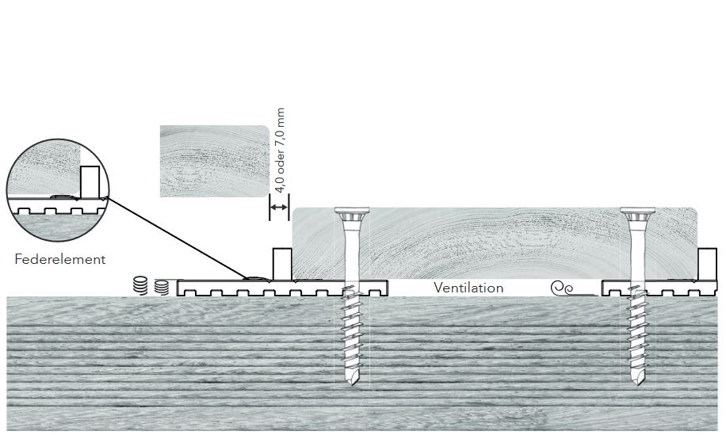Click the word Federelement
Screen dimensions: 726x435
coord(60,259)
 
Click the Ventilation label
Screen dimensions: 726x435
coord(468,288)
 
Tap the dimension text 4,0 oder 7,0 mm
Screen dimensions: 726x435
coord(280,151)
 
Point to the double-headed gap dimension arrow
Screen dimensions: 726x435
coord(279,208)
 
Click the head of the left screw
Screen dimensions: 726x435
coord(352,213)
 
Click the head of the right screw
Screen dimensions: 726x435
coord(637,213)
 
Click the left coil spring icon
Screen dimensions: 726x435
coord(139,285)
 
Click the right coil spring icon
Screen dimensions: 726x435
coord(161,287)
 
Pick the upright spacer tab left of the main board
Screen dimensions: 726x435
coord(281,264)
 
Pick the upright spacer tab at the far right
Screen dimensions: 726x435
coord(708,264)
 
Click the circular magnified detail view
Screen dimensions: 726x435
coord(58,190)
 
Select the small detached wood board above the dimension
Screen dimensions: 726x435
coord(214,162)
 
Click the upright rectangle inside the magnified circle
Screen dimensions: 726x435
coord(90,182)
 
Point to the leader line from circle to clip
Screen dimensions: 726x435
coord(178,238)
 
